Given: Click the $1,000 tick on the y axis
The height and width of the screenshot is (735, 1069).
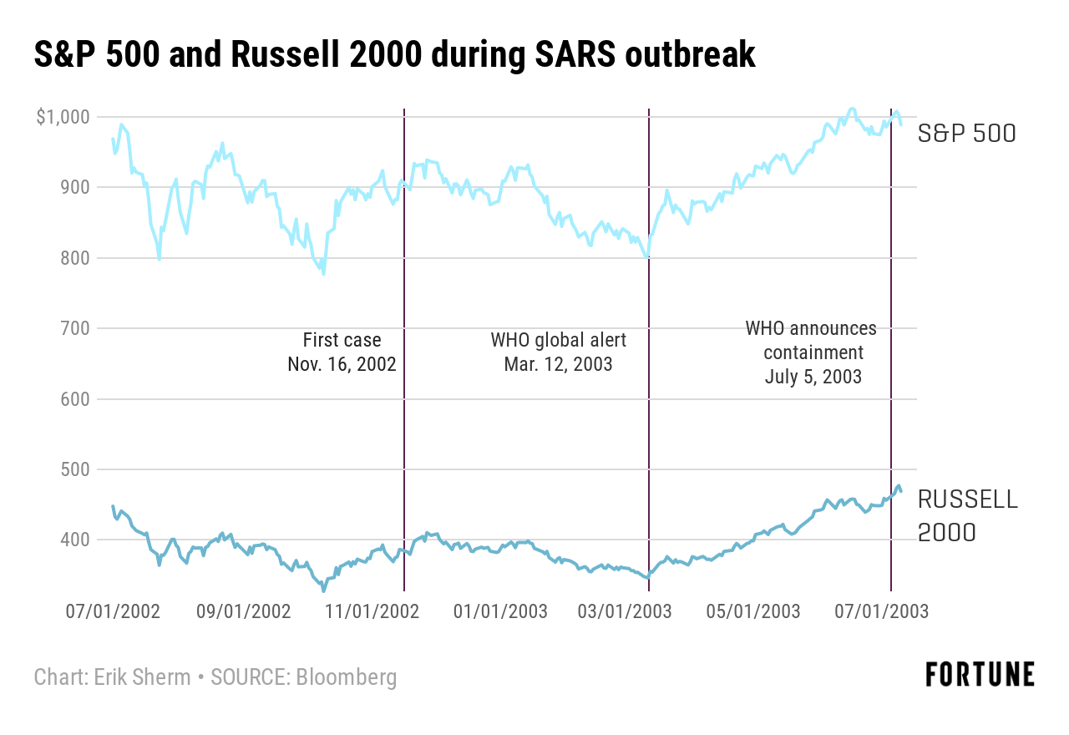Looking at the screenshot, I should click(x=63, y=117).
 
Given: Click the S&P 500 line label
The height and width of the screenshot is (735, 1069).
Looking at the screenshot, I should click(x=966, y=133).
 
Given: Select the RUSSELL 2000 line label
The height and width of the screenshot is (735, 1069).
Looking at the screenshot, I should click(x=967, y=515).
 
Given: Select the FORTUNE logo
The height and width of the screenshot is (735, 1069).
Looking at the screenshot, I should click(x=980, y=674).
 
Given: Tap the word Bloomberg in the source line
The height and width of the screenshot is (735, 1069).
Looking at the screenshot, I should click(x=345, y=677).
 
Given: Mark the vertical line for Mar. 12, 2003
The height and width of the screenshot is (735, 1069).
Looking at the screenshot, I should click(x=649, y=418).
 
